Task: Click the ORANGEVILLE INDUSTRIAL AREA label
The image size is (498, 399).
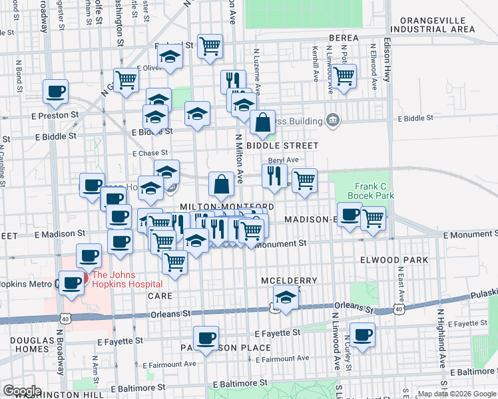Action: (433, 25)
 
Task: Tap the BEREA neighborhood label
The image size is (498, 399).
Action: (342, 38)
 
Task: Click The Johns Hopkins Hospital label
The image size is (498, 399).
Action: (124, 279)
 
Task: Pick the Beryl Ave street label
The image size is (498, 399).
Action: (283, 160)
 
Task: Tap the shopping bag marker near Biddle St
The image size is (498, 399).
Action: (263, 122)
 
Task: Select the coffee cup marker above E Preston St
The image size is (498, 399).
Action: (55, 91)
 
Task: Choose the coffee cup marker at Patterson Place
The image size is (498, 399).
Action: (206, 338)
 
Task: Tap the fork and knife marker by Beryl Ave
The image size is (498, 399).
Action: (274, 176)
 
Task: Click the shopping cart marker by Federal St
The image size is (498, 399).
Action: (210, 46)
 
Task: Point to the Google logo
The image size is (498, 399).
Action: (23, 391)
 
